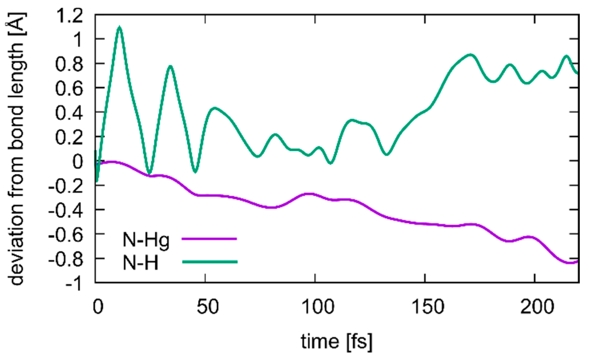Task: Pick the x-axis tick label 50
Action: (208, 307)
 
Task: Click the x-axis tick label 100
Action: (318, 307)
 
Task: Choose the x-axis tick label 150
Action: (428, 307)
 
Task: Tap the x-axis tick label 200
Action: (537, 307)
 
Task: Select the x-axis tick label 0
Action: (98, 307)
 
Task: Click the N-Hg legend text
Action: (146, 240)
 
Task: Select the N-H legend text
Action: (140, 263)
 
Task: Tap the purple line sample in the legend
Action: (209, 239)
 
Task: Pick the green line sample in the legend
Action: (210, 261)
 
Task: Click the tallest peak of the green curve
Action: (119, 27)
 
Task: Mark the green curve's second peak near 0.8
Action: (170, 67)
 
